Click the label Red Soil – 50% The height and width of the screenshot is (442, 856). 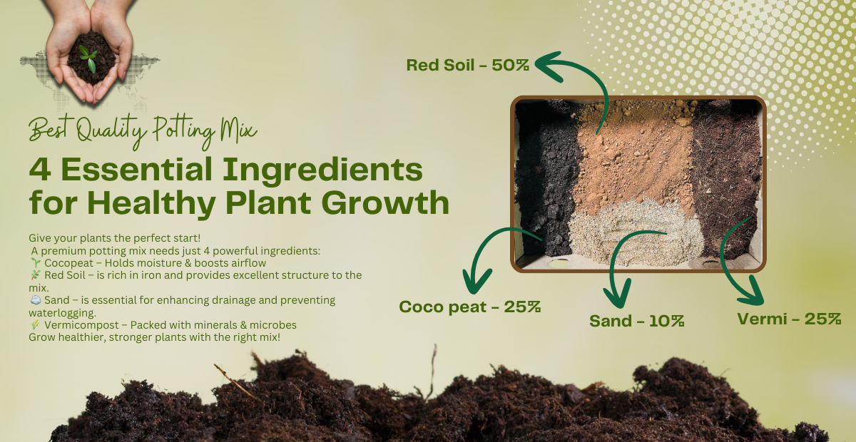[x=467, y=65]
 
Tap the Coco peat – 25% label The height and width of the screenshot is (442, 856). [x=469, y=307]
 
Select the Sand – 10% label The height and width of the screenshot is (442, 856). [x=636, y=321]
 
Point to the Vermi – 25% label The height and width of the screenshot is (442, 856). [x=789, y=319]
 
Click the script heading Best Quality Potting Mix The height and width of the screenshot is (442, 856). [x=143, y=130]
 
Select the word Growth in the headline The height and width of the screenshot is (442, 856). [x=387, y=202]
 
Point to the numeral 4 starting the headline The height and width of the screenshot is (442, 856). [x=39, y=170]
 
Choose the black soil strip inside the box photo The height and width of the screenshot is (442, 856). [x=546, y=178]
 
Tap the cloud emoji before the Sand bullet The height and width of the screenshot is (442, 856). [x=35, y=300]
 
